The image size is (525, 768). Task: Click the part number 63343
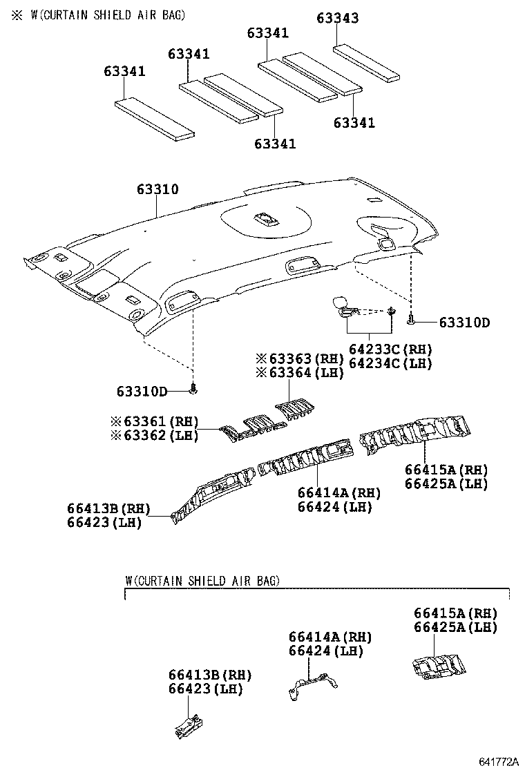pos(338,19)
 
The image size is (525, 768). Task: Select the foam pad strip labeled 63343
pos(367,61)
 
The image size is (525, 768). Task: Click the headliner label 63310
pos(157,189)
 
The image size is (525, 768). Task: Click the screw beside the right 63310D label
pos(412,320)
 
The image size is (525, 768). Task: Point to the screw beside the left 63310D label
pos(194,390)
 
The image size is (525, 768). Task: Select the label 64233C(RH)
pos(390,349)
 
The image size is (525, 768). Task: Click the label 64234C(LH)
pos(390,363)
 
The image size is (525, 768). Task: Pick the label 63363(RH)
pos(300,358)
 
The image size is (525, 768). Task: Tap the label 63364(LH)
pos(300,372)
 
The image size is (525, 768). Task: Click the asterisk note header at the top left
pos(97,15)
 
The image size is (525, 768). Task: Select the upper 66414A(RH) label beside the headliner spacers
pos(339,493)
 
